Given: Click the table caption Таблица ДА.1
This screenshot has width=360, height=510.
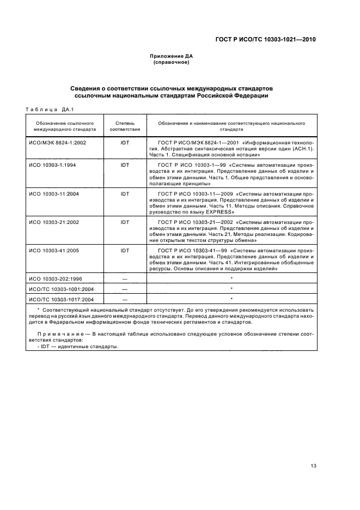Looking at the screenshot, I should click(49, 109).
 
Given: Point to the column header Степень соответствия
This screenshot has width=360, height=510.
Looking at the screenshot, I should click(125, 126).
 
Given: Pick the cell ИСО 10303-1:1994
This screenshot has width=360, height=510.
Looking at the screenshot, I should click(53, 164).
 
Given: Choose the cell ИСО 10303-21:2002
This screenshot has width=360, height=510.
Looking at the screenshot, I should click(54, 222).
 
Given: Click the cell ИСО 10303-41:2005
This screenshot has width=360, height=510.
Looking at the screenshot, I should click(54, 251).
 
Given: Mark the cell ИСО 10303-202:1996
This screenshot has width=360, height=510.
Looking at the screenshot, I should click(56, 278).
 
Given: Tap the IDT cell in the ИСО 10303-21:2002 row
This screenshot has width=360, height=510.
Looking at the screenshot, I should click(125, 222).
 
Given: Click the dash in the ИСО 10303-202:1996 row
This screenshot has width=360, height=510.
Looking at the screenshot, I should click(125, 278).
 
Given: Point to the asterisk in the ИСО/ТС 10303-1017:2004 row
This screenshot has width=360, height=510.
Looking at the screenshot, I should click(231, 299).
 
